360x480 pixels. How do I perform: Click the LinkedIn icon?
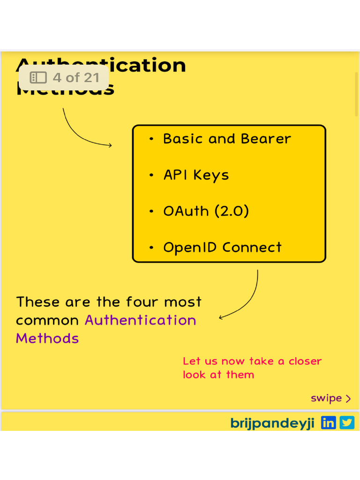[329, 422]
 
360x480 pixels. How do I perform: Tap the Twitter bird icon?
[347, 422]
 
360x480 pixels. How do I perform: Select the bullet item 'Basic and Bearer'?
[227, 139]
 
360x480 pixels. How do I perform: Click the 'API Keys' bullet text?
[196, 175]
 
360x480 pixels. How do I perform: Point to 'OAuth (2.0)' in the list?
[206, 211]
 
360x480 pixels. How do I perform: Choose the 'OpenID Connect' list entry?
[222, 247]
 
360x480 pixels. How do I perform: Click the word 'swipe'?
[326, 398]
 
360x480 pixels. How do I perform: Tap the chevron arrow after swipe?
[348, 399]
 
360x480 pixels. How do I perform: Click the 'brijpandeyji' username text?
[272, 423]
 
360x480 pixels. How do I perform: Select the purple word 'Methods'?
[47, 338]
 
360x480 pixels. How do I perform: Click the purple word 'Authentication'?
[140, 320]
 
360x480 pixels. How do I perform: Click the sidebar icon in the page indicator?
[38, 77]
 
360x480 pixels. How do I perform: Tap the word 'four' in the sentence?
[140, 302]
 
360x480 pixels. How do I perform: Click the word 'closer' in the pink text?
[305, 361]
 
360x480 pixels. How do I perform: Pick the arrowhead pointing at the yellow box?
[110, 145]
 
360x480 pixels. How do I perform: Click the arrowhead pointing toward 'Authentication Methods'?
[221, 318]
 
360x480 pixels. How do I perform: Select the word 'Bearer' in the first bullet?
[266, 139]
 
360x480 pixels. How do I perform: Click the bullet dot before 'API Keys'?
[151, 175]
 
